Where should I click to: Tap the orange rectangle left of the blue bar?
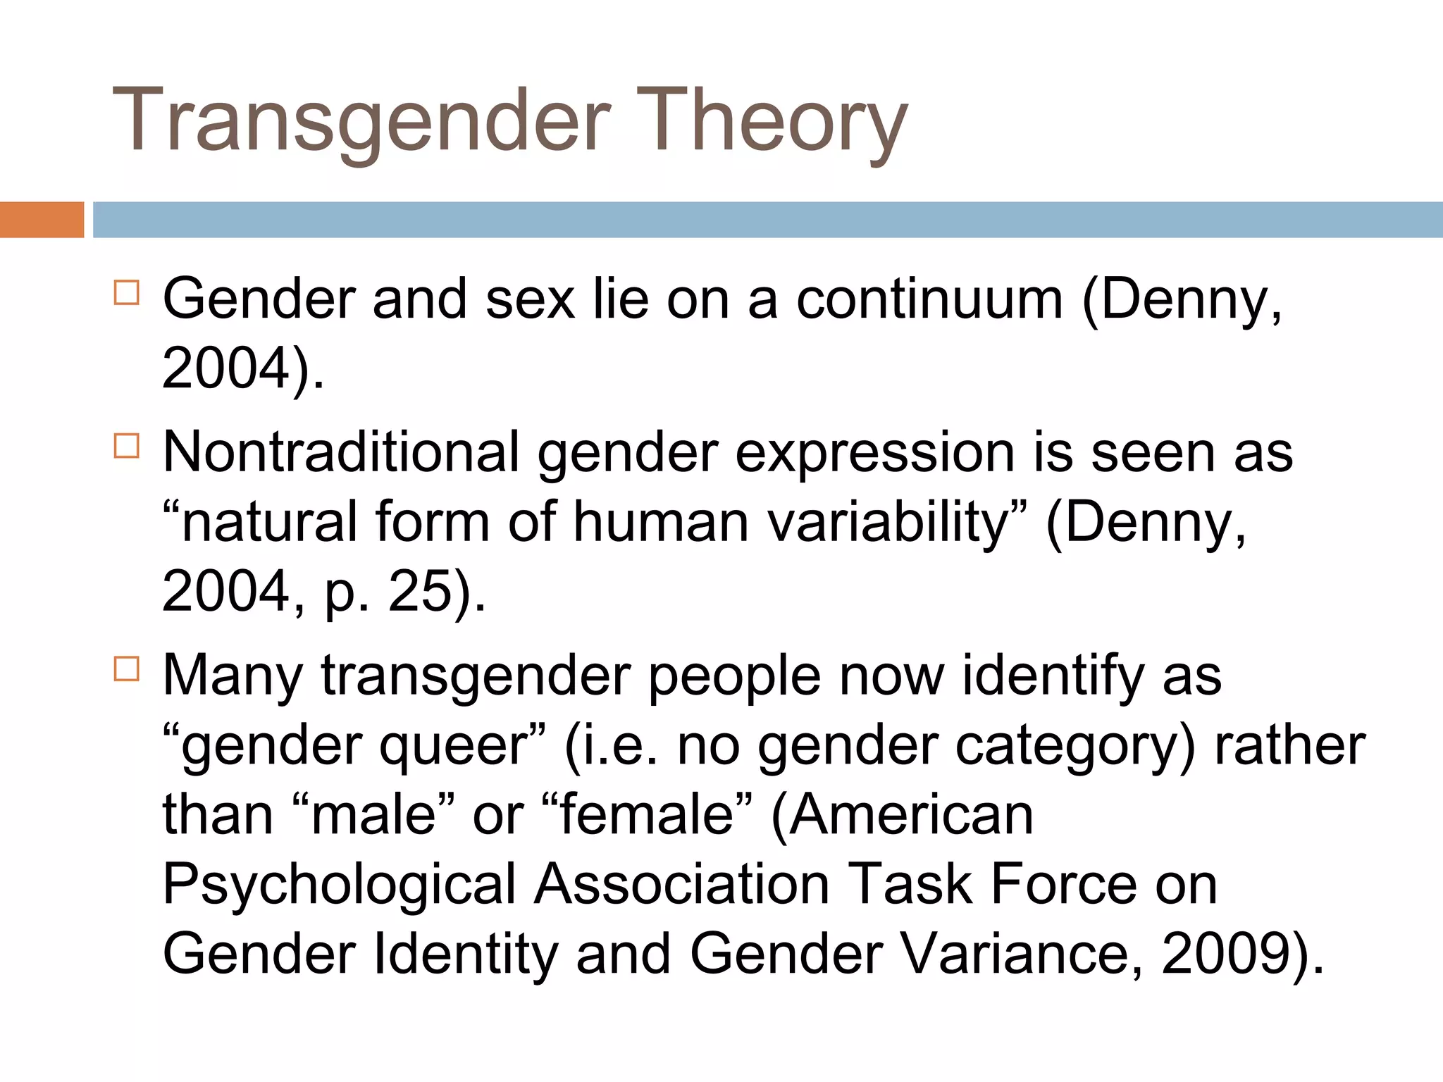pyautogui.click(x=42, y=220)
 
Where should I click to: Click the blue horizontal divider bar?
pyautogui.click(x=767, y=220)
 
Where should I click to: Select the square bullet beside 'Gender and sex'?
pyautogui.click(x=126, y=292)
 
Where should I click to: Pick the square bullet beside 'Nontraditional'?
pyautogui.click(x=126, y=445)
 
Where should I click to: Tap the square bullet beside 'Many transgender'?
pyautogui.click(x=126, y=669)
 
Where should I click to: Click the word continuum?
pyautogui.click(x=929, y=299)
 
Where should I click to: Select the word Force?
pyautogui.click(x=1063, y=884)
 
